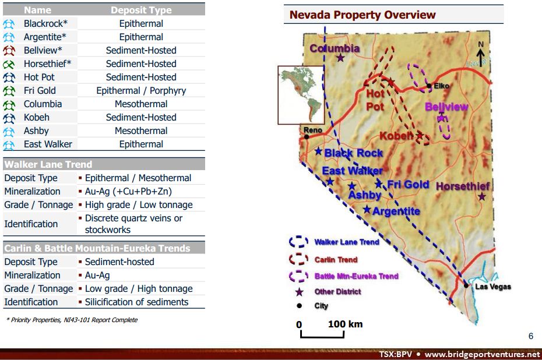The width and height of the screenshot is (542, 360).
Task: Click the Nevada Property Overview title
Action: [x=362, y=15]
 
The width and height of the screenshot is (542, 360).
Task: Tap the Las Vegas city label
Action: [x=492, y=287]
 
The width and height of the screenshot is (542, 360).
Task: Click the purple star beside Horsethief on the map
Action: [x=482, y=197]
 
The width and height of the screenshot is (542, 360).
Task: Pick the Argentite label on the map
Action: [x=396, y=211]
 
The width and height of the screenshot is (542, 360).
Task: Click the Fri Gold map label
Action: [x=408, y=185]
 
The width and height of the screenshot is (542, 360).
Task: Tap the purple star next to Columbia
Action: [x=340, y=58]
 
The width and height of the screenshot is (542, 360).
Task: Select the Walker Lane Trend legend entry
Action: [x=346, y=242]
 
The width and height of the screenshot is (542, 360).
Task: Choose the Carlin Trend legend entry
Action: [x=336, y=259]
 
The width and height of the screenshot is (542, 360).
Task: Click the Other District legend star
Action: [x=299, y=291]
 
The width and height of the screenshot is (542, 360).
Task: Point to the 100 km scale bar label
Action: [x=345, y=324]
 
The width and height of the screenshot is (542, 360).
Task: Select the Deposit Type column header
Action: [x=141, y=10]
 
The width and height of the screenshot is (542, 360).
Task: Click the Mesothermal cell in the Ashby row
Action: [x=141, y=130]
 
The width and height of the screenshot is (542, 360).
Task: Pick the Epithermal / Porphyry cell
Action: [x=141, y=90]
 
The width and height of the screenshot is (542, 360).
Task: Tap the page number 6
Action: [x=530, y=336]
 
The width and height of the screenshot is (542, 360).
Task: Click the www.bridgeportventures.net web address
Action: [x=482, y=354]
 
